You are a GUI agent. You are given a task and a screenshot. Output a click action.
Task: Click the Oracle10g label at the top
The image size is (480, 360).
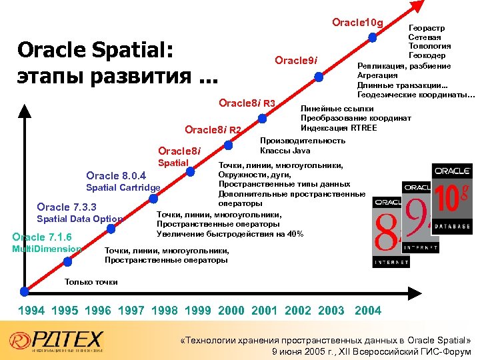pyautogui.click(x=357, y=23)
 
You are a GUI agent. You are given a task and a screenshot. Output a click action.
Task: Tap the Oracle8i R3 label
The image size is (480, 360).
pyautogui.click(x=247, y=103)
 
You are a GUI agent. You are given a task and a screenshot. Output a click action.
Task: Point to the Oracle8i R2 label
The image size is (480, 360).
pyautogui.click(x=213, y=129)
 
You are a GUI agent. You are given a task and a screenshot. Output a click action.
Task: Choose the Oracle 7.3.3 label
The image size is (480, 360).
pyautogui.click(x=67, y=207)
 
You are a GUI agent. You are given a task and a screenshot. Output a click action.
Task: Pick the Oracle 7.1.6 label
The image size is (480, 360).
pyautogui.click(x=42, y=237)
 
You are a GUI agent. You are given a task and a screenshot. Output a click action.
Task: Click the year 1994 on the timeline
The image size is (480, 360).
pyautogui.click(x=31, y=310)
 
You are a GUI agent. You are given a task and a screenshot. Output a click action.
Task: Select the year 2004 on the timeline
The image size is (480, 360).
pyautogui.click(x=368, y=310)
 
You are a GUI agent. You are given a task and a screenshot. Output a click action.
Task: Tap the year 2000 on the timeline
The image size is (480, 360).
pyautogui.click(x=231, y=310)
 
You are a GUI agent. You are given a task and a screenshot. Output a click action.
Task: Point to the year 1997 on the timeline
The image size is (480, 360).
pyautogui.click(x=131, y=310)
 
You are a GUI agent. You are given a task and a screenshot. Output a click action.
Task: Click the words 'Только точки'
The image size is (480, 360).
pyautogui.click(x=91, y=282)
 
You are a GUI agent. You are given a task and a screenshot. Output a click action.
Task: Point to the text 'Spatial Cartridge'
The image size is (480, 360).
pyautogui.click(x=123, y=187)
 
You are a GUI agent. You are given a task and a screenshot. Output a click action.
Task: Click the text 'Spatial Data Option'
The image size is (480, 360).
pyautogui.click(x=79, y=219)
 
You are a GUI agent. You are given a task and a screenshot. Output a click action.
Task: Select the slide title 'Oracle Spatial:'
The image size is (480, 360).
pyautogui.click(x=95, y=51)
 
